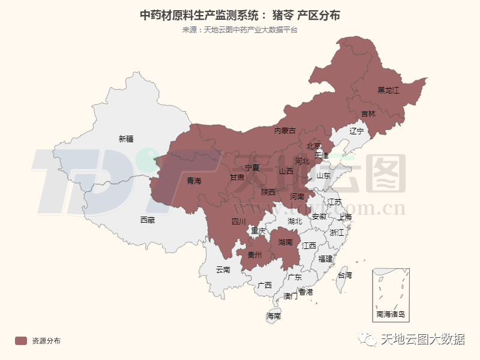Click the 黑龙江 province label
pos(388,91)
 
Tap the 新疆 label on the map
pos(126,139)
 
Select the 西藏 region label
pos(147,220)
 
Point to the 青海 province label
pos(194,181)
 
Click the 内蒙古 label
pos(285,131)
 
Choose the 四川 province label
pos(239,222)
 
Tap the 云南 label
pos(223,270)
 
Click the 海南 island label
pos(274,316)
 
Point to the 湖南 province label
pos(285,242)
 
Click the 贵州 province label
pos(255,255)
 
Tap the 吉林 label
pos(368,113)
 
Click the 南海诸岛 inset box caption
pos(391,314)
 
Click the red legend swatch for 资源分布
pos(22,341)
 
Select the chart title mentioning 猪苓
pos(239,15)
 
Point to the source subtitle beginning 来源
pos(239,30)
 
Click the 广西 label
pos(264,285)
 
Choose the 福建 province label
pos(326,259)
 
